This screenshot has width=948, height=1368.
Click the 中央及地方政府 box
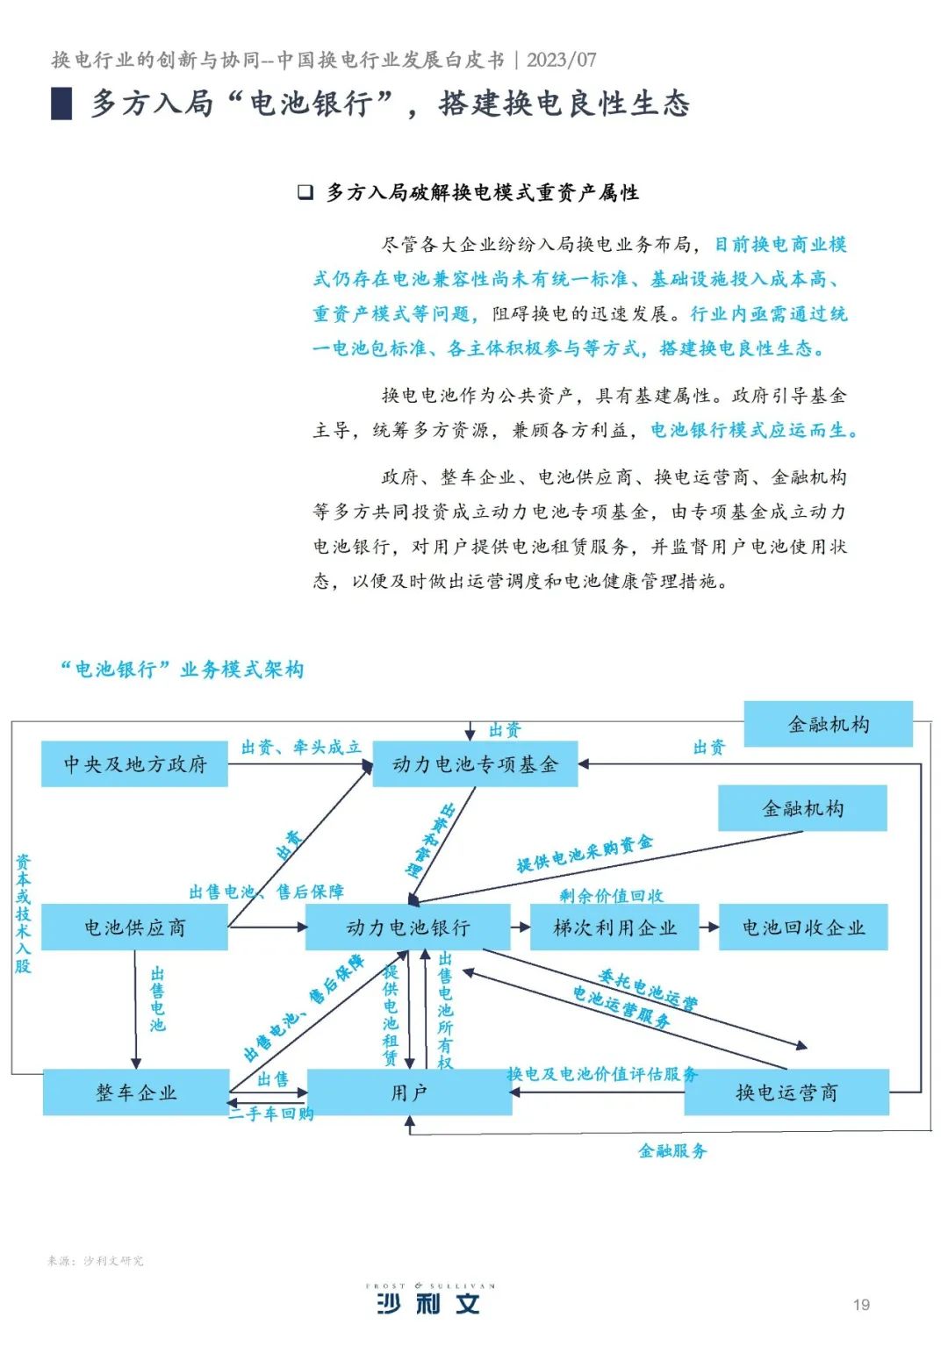coord(134,764)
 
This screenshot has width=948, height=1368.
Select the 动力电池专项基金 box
coord(475,764)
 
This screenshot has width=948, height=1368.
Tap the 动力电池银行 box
coord(407,928)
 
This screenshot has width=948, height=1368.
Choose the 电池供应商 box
coord(134,928)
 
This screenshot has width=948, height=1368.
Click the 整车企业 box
coord(136,1092)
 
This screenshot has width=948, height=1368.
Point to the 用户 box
coord(409,1092)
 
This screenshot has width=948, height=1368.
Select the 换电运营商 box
coord(786,1092)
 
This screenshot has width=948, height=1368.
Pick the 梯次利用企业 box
coord(614,928)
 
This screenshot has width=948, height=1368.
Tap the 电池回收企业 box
coord(803,928)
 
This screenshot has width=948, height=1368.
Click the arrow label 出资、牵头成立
coord(301,747)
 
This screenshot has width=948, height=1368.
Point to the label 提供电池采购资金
coord(585,854)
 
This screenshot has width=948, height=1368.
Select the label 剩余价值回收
coord(611,895)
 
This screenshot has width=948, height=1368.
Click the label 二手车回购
coord(271,1114)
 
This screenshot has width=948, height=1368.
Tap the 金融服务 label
coord(672,1150)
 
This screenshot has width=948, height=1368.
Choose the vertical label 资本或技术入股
coord(23,913)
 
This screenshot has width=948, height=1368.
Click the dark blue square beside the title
coord(61,104)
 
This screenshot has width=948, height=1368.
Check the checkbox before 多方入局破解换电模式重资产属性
coord(305,192)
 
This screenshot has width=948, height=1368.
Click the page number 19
coord(861,1305)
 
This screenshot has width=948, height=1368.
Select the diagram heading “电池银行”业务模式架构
coord(182,670)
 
